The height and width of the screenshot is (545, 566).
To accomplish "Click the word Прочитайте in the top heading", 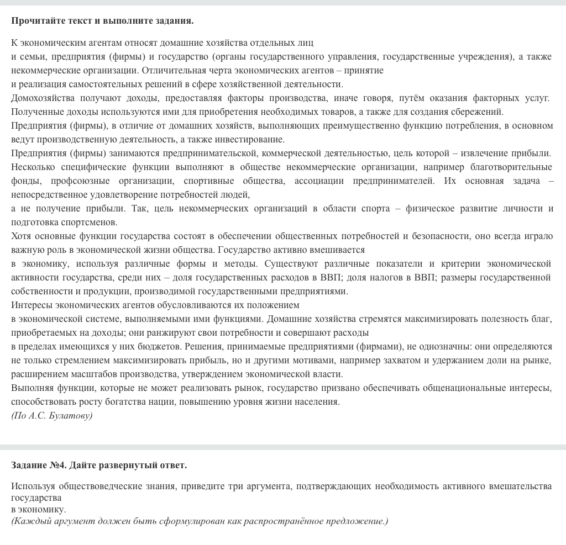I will click(x=35, y=20).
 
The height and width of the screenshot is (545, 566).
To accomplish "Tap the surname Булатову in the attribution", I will click(x=74, y=415).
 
